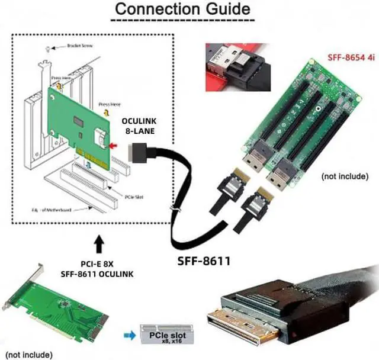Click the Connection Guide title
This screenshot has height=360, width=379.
[x=182, y=10]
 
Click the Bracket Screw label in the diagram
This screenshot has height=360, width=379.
[x=79, y=44]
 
